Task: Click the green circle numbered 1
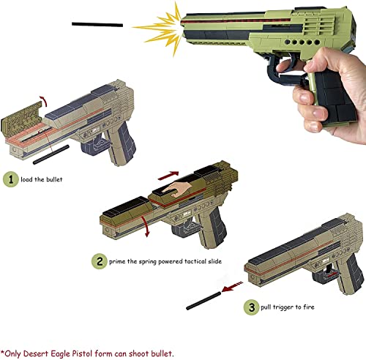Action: coord(10,179)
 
